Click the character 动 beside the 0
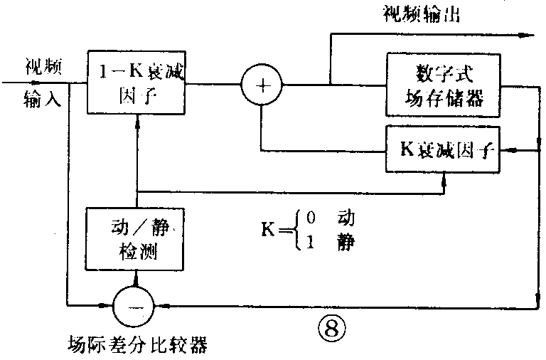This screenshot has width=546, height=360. click(x=346, y=218)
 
